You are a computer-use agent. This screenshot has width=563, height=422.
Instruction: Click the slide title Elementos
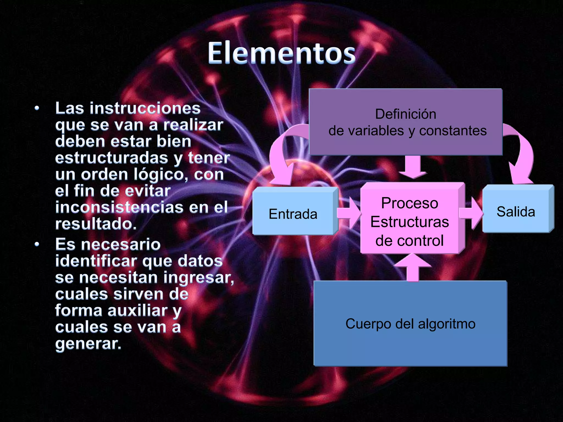(x=281, y=53)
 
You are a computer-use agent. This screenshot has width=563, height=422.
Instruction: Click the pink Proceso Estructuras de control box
(x=409, y=221)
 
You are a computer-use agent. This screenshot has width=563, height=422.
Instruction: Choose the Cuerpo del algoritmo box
(x=410, y=324)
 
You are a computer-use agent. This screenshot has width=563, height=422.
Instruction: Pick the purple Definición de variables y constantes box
(x=406, y=122)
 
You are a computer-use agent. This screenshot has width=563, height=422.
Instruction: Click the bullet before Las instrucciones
(x=37, y=108)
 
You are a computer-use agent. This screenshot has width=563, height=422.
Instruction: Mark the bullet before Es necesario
(x=37, y=244)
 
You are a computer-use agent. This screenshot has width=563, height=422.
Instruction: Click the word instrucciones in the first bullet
(x=145, y=108)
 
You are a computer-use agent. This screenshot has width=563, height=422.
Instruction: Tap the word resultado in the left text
(x=96, y=224)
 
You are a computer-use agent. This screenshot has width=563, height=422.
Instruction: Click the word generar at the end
(x=88, y=343)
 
